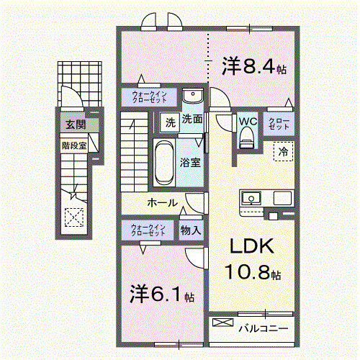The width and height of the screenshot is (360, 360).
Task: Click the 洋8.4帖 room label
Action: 254,68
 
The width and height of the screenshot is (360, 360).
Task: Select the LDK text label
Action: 252,247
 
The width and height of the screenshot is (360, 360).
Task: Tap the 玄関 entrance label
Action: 75,125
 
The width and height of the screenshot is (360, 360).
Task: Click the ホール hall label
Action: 162,203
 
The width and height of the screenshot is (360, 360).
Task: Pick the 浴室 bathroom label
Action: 190,163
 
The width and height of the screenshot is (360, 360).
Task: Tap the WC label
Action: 248,121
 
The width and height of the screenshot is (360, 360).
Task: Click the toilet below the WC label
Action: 248,137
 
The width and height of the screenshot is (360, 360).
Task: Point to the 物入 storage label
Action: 191,230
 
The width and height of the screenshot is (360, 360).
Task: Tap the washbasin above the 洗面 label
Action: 192,98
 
